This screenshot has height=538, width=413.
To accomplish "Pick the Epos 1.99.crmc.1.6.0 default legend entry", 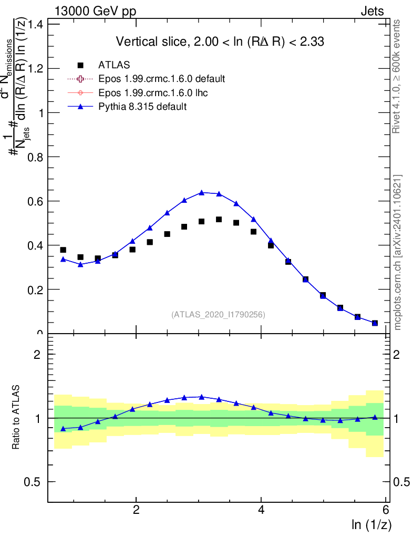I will click(x=162, y=79).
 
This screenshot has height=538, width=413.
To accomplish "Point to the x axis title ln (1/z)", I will click(x=371, y=524).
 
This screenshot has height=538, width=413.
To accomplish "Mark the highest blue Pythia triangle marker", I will click(x=201, y=192).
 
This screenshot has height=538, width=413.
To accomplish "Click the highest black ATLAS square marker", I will click(x=219, y=220).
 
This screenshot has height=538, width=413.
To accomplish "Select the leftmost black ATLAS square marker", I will click(x=63, y=250).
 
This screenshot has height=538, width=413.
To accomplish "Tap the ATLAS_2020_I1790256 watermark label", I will click(x=218, y=315).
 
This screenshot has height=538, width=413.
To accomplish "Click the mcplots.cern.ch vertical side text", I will click(x=398, y=252).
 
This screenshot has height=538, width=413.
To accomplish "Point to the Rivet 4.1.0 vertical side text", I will click(x=398, y=76).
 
